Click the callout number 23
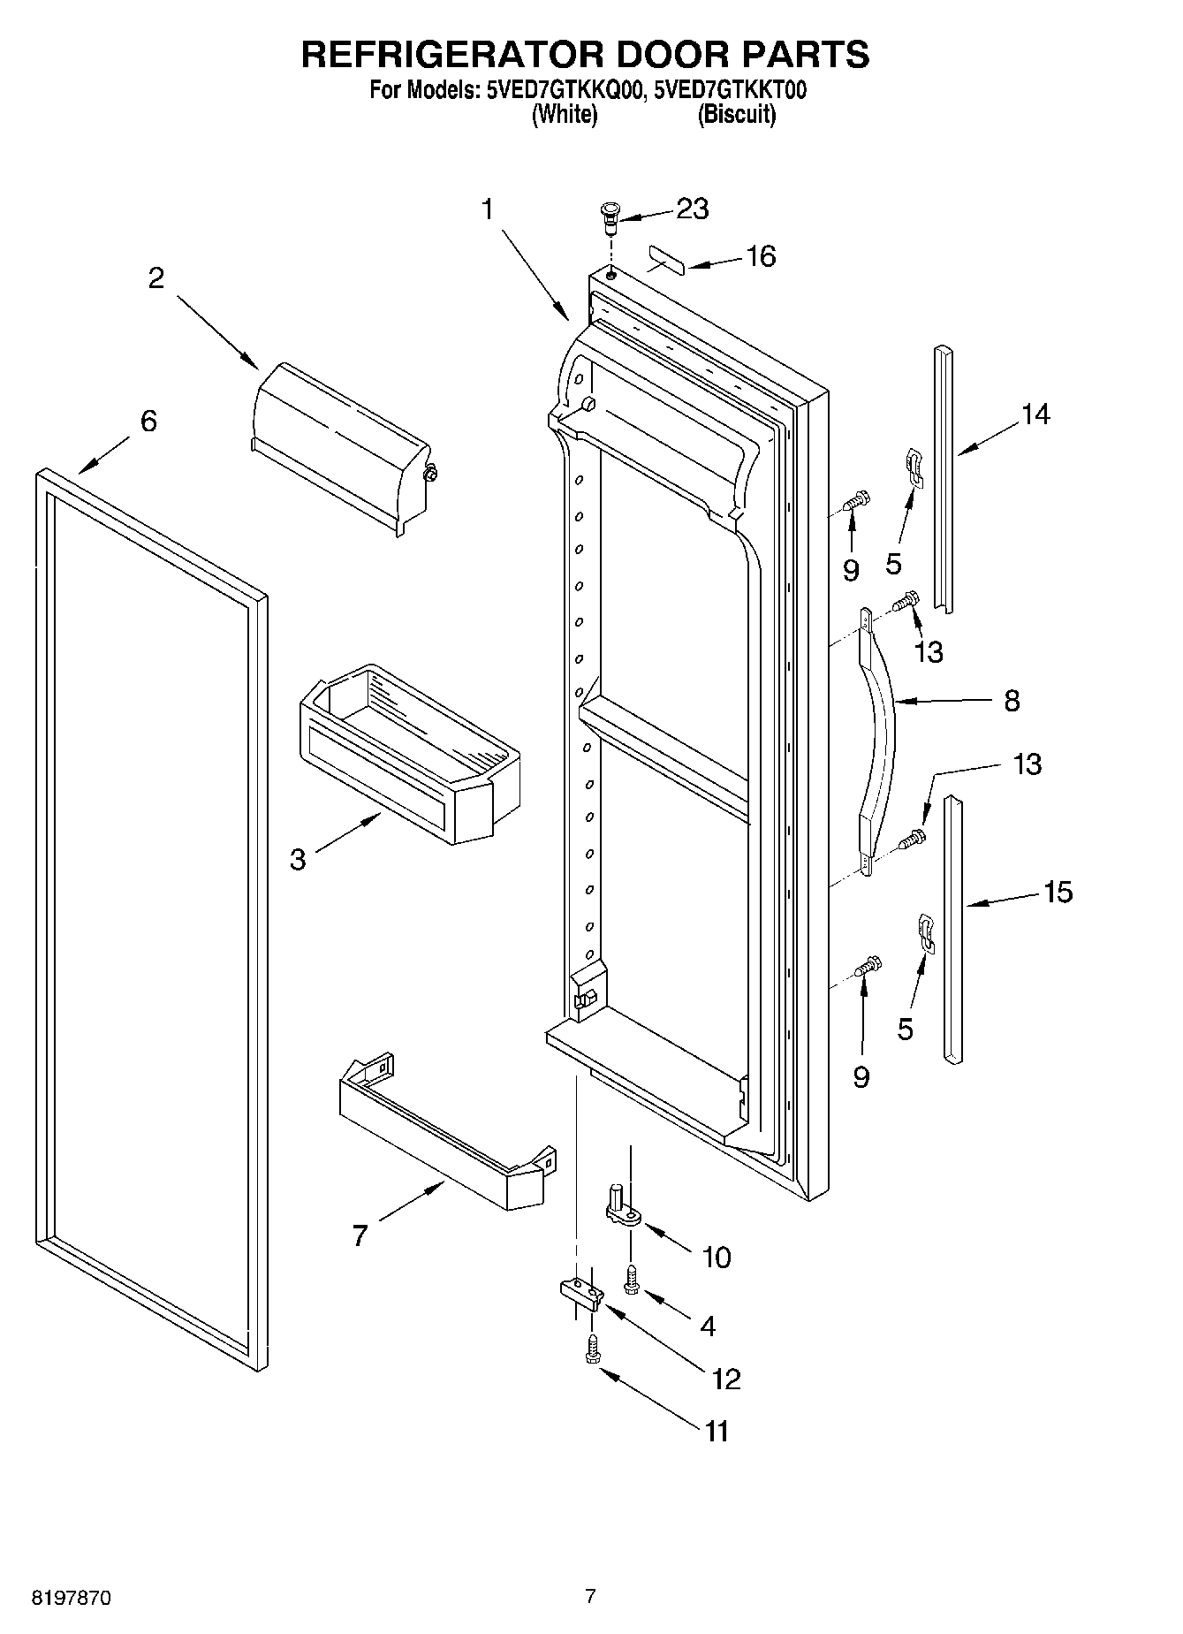692,209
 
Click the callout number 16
760,257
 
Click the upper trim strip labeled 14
944,477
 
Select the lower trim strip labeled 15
952,928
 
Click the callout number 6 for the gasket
148,421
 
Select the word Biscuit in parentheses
736,115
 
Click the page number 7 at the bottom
590,1596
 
